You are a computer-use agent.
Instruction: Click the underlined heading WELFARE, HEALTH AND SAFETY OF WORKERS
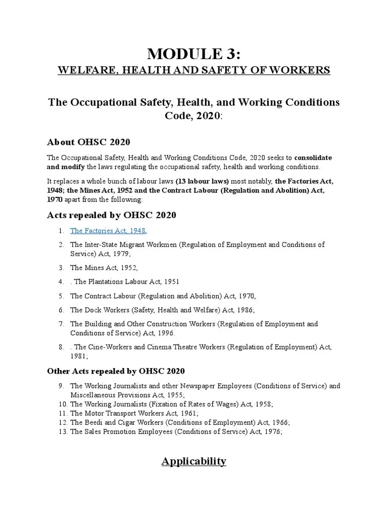193,70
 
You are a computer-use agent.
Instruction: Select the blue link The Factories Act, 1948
108,231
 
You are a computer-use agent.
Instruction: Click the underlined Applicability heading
193,461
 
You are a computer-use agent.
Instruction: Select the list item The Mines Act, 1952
104,268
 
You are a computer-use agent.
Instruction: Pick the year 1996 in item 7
165,333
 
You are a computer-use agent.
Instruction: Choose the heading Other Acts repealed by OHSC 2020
116,371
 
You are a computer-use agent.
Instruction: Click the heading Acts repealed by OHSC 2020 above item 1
111,215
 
